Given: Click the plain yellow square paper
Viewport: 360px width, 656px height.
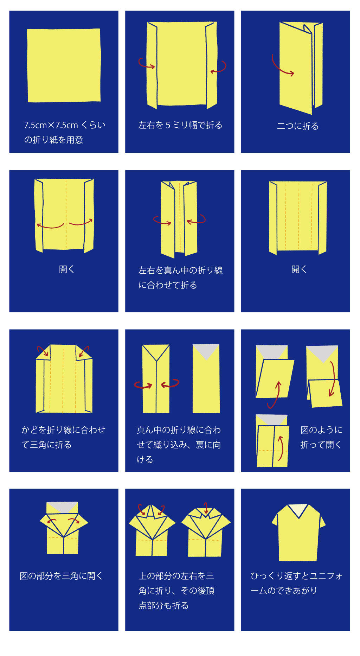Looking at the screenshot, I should click(x=64, y=65).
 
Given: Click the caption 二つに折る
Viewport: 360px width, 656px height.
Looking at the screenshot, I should click(x=297, y=126).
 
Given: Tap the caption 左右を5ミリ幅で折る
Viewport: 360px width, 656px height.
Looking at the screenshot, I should click(x=180, y=125).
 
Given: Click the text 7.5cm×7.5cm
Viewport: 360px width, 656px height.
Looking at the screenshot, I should click(x=51, y=125).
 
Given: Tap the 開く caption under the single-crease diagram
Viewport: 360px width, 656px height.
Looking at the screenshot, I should click(x=66, y=269).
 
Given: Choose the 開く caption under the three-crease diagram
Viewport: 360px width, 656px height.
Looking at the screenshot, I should click(x=299, y=269).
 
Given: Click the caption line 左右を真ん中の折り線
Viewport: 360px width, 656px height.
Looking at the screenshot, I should click(x=180, y=270).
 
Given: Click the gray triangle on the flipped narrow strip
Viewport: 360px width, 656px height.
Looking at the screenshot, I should click(x=206, y=350).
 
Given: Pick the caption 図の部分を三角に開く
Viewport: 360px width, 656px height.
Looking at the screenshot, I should click(x=61, y=576).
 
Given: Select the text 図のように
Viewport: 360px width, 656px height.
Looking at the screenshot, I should click(x=321, y=430).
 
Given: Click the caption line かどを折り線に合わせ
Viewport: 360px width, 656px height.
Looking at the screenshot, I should click(x=63, y=430).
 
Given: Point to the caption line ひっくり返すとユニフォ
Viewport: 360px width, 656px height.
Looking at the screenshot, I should click(x=296, y=576).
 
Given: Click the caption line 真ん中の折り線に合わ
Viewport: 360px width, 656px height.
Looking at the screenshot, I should click(x=179, y=430).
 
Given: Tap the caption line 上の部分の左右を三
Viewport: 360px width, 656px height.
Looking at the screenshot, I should click(x=176, y=576).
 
